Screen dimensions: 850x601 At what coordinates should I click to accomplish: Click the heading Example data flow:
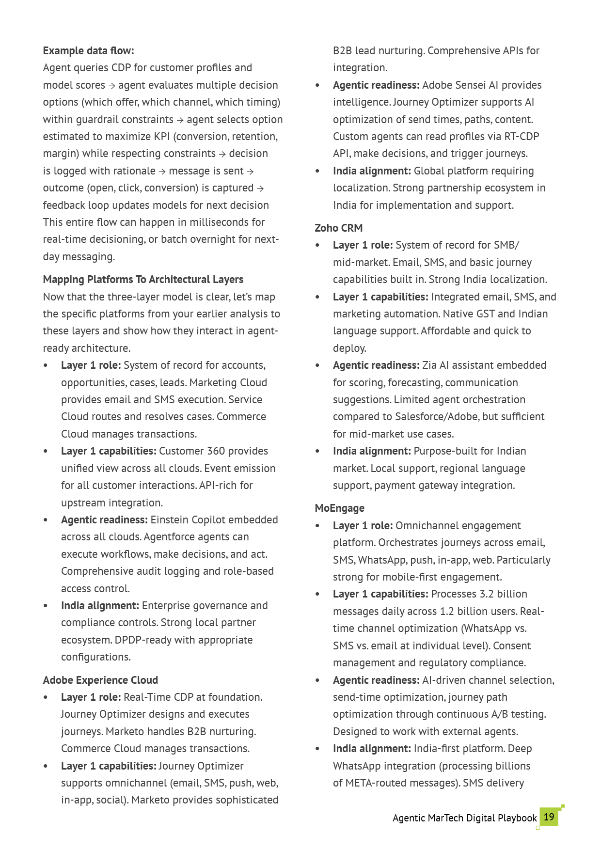point(88,51)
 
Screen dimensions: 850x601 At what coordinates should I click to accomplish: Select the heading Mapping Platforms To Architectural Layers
point(143,280)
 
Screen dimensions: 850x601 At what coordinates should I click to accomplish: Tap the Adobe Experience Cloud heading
point(100,680)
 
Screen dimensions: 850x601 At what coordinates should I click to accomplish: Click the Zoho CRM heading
point(338,228)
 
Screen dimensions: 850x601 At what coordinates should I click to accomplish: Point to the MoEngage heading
point(339,508)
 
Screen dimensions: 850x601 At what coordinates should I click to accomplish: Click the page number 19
point(549,817)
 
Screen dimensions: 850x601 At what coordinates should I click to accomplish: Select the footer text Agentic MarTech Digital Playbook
point(464,818)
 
